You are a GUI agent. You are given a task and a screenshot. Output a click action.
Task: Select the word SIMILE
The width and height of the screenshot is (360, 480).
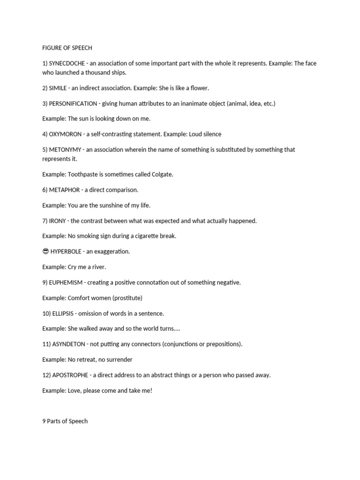pos(58,88)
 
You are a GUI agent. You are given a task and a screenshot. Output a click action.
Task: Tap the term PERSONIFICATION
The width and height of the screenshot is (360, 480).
pos(73,104)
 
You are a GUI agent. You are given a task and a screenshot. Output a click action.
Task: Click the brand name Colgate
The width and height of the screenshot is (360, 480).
pos(162,174)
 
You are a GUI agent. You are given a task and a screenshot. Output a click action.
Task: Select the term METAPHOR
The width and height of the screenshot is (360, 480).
pos(65,190)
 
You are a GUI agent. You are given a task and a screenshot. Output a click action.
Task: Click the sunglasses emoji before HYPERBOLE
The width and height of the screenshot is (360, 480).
pos(45,251)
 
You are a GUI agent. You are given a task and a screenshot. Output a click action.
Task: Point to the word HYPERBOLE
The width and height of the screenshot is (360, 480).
pos(65,252)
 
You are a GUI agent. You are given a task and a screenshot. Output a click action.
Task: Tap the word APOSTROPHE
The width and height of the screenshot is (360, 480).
pos(69,375)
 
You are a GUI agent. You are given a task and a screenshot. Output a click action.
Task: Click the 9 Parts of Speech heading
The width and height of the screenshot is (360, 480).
pos(65,421)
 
